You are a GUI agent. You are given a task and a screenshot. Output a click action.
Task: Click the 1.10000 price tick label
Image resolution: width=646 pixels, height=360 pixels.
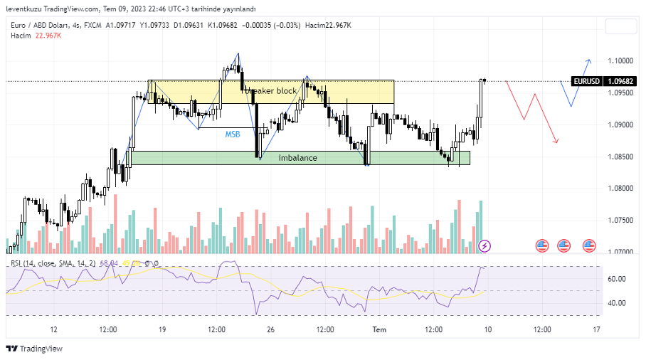click(621, 60)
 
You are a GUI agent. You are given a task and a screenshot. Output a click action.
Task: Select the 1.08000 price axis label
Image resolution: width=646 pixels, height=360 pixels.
click(621, 189)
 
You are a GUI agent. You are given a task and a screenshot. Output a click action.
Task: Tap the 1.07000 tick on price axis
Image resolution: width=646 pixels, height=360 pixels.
click(621, 252)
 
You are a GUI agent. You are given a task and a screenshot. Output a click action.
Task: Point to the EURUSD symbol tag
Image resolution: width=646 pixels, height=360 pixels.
click(587, 81)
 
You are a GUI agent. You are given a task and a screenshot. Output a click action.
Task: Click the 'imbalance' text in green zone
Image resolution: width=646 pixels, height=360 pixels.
click(297, 158)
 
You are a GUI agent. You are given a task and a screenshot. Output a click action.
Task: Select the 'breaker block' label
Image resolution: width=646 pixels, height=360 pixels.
click(271, 91)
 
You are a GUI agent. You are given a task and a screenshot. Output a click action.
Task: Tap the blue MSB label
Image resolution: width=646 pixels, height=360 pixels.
click(233, 134)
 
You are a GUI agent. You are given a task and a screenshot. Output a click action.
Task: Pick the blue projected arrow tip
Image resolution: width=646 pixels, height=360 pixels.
click(589, 59)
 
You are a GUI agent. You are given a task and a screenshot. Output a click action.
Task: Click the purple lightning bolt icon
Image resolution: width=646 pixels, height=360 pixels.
click(484, 246)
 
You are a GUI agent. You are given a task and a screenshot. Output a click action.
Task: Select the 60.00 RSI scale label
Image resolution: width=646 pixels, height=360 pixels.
click(617, 279)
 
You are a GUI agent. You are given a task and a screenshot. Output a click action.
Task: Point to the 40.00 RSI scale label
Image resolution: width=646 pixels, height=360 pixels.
click(617, 303)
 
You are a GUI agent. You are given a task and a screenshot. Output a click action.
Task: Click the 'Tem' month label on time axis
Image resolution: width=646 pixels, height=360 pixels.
click(379, 330)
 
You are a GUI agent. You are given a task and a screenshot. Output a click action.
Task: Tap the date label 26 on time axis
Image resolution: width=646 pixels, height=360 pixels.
click(271, 330)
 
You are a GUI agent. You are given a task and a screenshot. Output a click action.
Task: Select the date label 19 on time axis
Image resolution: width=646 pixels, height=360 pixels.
click(162, 330)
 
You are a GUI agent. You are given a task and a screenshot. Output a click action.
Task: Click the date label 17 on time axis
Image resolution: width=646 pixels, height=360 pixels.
click(596, 330)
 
